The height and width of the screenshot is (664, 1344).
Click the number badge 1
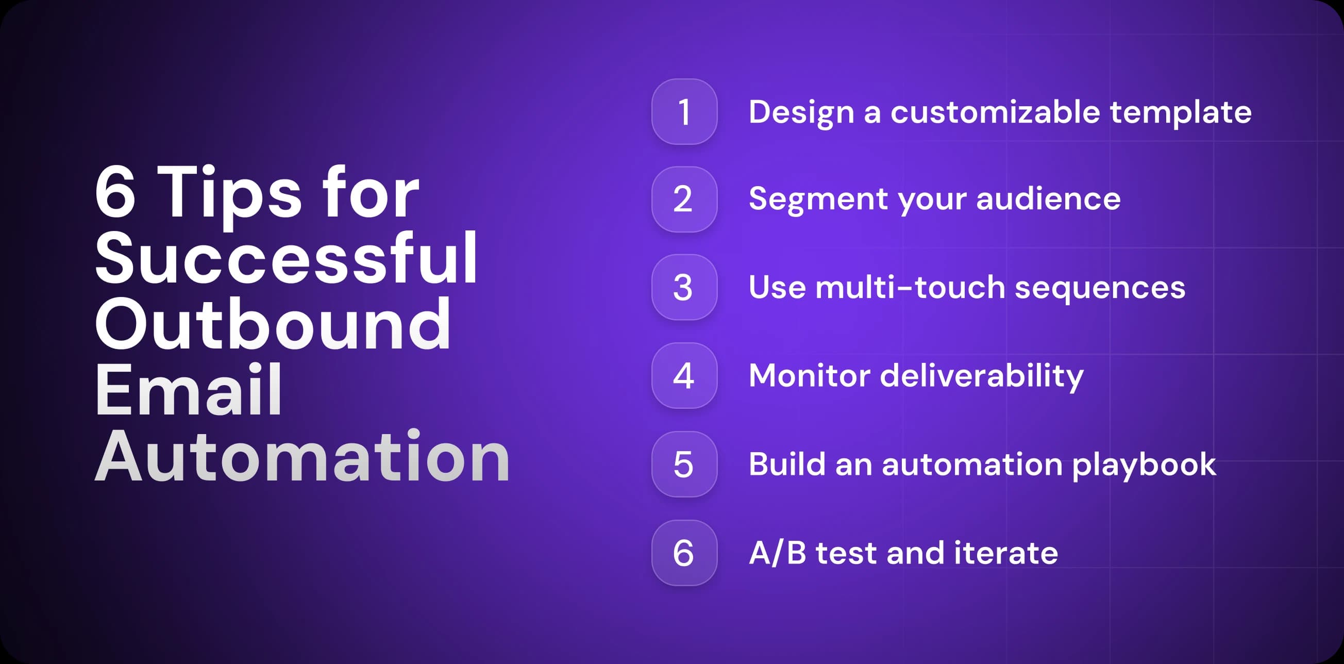pos(684,112)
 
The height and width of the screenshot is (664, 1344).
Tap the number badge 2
pos(684,200)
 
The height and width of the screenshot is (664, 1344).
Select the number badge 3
pos(684,287)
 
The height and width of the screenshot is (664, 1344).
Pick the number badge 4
pos(684,376)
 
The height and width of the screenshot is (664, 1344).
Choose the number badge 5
pos(684,464)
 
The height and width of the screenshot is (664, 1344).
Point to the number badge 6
pos(684,553)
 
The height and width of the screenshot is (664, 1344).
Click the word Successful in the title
pos(286,258)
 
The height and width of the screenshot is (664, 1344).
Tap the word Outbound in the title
pos(272,325)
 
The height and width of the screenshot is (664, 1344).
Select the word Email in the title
pos(188,390)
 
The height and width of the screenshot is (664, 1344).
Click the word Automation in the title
pos(301,457)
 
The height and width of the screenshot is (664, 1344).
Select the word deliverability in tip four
pos(981,376)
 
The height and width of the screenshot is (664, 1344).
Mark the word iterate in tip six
pos(1005,553)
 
